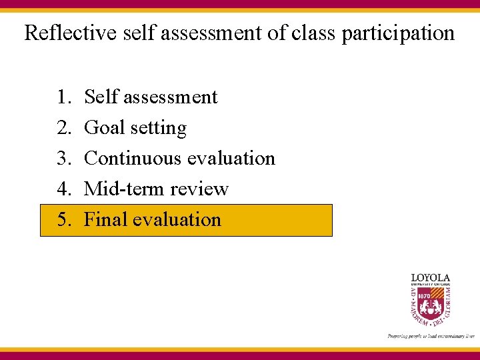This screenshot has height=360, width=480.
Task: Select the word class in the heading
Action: pos(313,33)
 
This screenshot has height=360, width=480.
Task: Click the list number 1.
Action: pos(64,97)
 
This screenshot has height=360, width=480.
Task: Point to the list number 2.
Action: pos(64,128)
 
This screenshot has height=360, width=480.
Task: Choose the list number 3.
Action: pos(64,159)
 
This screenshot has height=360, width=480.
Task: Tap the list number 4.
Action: pos(64,189)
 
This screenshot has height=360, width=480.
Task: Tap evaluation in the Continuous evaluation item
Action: pos(231,159)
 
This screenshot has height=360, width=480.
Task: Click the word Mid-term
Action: pos(124,189)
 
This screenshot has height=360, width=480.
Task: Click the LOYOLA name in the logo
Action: pos(430,277)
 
